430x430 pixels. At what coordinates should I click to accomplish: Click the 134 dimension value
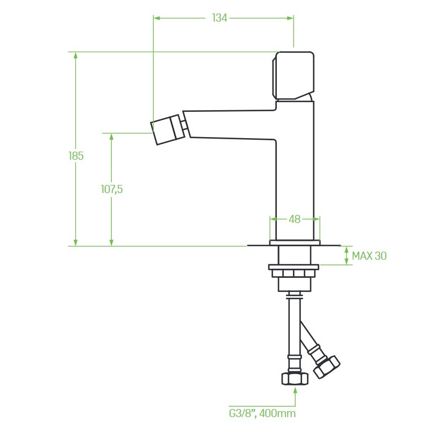pos(220,18)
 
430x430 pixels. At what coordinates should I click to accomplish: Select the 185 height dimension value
pos(76,156)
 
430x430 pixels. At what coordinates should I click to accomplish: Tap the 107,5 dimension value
pos(112,189)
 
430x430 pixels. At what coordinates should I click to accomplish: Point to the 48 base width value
pos(295,219)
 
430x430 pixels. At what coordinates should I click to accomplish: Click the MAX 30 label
pos(369,256)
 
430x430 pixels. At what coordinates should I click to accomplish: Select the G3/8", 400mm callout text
pos(262,413)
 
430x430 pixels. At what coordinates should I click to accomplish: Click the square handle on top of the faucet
pos(293,76)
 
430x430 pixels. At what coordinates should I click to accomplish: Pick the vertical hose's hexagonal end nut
pos(295,378)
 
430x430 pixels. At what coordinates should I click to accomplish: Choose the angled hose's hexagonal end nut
pos(327,367)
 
